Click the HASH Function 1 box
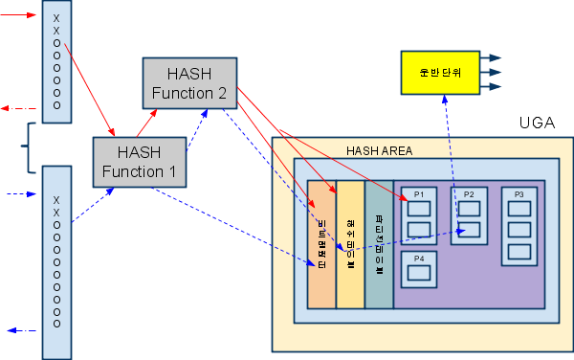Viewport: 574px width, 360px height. (139, 161)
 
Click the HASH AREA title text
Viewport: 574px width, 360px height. (380, 150)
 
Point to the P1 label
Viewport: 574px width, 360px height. (417, 194)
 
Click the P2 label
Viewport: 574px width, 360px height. (469, 194)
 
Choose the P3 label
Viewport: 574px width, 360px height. (519, 194)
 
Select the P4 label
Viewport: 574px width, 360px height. (418, 259)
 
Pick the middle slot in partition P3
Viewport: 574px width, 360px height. (519, 230)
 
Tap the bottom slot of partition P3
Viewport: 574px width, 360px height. (519, 252)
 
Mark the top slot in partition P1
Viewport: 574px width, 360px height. (417, 208)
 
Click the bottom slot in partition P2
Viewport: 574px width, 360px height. (469, 230)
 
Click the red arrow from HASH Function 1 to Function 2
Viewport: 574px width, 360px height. (147, 121)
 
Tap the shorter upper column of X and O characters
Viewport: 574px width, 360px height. (56, 61)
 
